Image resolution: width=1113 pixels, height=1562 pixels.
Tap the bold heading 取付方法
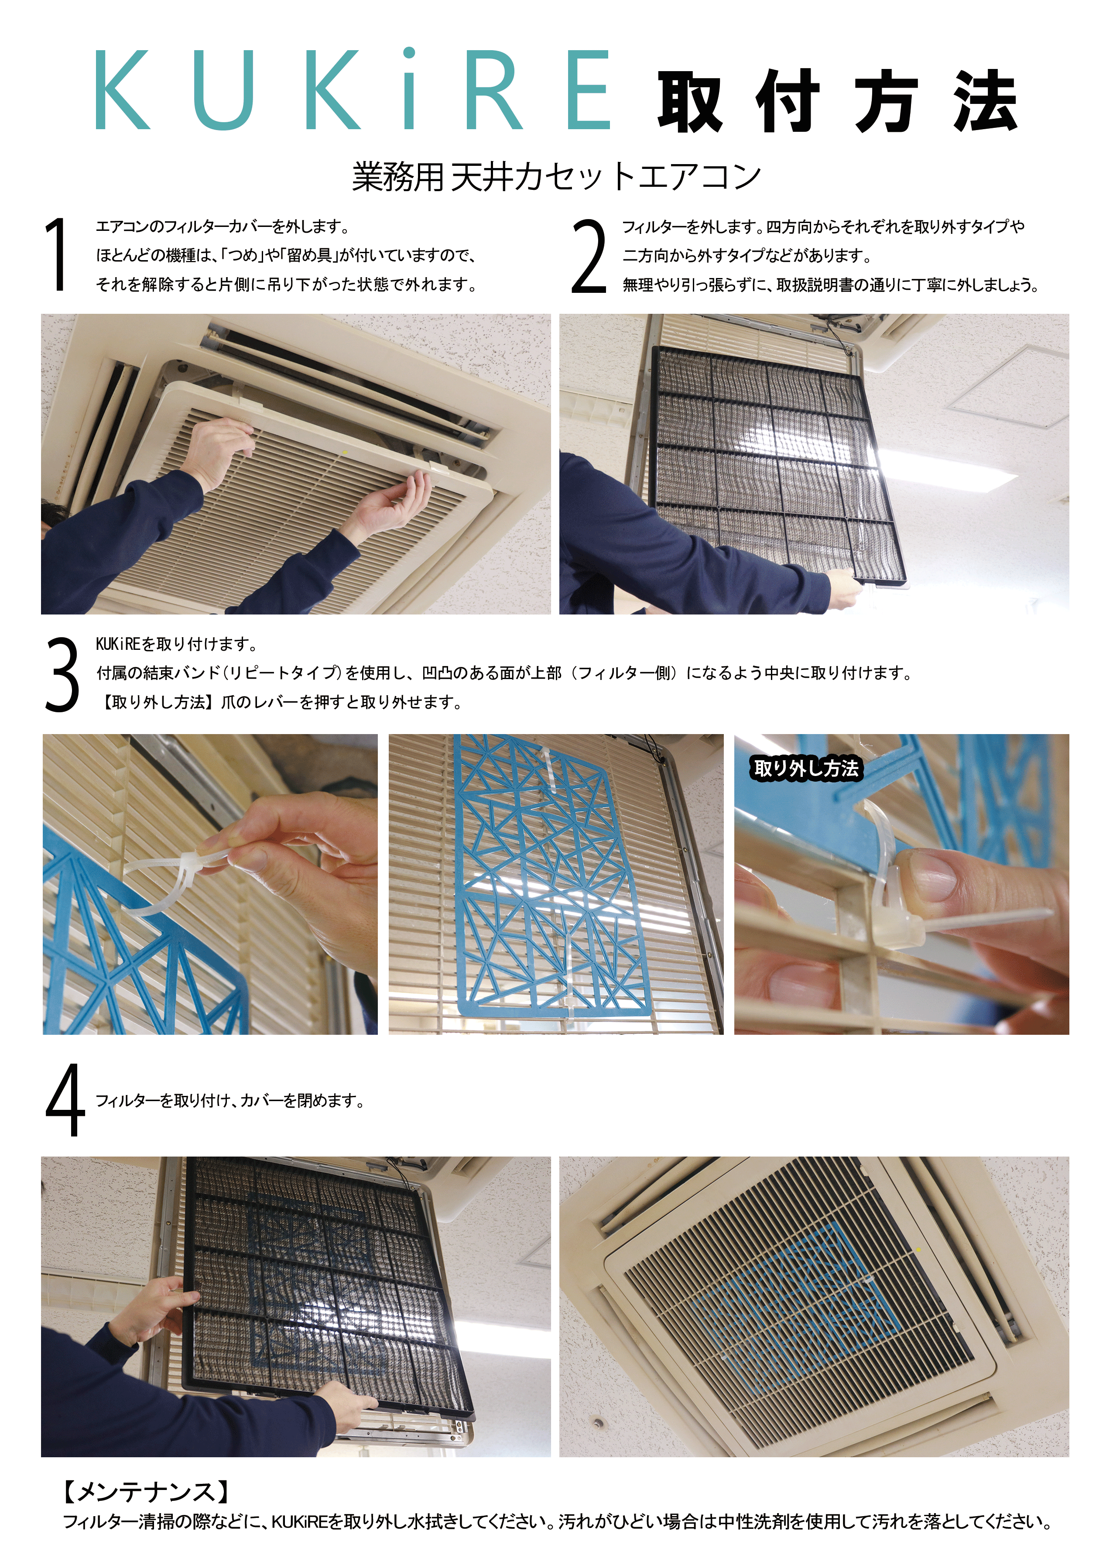click(838, 101)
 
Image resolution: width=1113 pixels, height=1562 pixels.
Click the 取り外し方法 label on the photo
click(806, 768)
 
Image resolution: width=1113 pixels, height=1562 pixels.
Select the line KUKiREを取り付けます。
click(176, 644)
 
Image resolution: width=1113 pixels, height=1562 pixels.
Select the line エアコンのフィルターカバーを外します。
click(223, 226)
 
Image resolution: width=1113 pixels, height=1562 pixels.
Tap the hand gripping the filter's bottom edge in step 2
click(844, 588)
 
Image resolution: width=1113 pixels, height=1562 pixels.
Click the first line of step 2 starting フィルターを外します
click(823, 226)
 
